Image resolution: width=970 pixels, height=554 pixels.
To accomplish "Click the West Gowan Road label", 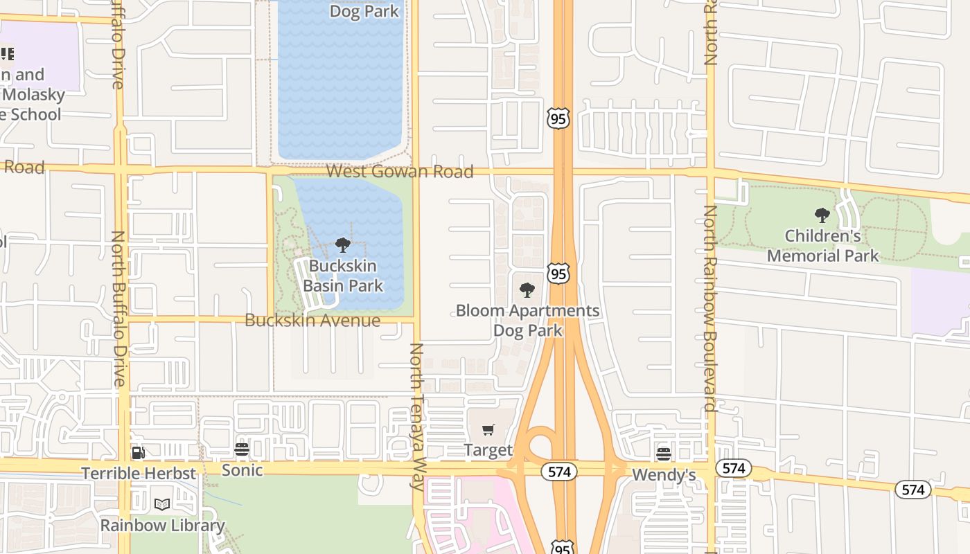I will coord(400,171).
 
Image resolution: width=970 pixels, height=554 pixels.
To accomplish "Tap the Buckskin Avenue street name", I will coord(312,321).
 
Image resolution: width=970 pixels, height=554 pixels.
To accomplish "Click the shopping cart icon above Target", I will coord(488,430).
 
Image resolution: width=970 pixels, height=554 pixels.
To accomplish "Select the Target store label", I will coord(488,450).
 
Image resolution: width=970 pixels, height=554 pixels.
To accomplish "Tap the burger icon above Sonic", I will coord(242,450).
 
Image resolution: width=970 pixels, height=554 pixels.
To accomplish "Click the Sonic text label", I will coord(242,470).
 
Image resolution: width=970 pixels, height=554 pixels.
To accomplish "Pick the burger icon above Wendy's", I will coord(664,454).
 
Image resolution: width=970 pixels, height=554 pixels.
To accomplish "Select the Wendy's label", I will coord(664,475).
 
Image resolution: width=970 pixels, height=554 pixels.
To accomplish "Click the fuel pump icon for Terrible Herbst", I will coord(139,453).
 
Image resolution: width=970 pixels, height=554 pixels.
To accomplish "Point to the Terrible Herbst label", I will coord(139,474).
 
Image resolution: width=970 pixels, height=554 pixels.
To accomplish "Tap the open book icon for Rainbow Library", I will coord(162,505).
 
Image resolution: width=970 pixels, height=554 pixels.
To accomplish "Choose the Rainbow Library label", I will coord(162,526).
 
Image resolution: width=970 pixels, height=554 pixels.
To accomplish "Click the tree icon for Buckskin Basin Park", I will coord(342,245).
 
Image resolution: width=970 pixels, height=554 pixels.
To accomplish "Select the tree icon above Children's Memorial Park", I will coord(822,215).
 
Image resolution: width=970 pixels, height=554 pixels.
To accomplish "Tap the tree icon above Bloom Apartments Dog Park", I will coord(527,290).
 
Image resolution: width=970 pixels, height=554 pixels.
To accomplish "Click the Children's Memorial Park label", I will coord(822,246).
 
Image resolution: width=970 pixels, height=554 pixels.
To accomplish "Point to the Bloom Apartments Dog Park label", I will coord(527,321).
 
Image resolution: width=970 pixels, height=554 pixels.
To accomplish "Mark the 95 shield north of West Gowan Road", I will coord(558,119).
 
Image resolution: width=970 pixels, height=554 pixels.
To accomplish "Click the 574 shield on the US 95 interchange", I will coord(559,472).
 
